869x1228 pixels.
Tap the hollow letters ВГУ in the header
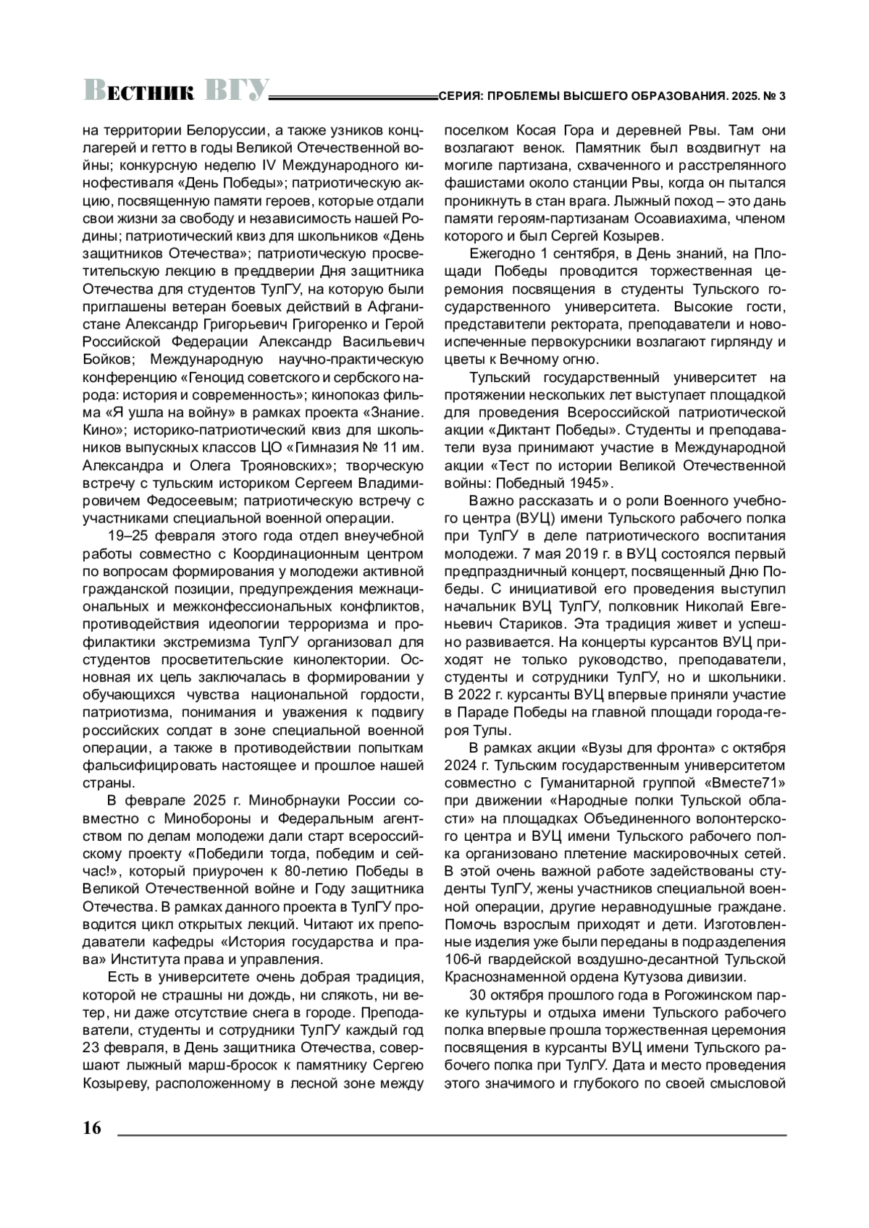[235, 91]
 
